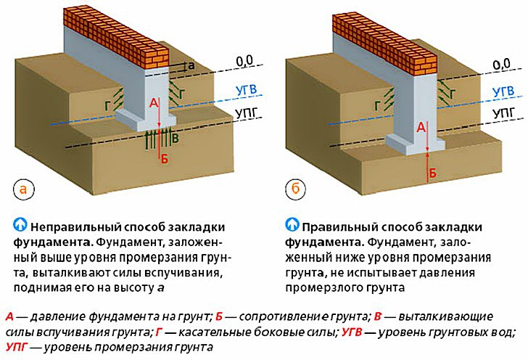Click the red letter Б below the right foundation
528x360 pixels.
pos(433,173)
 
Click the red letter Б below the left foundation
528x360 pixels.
pos(164,159)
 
